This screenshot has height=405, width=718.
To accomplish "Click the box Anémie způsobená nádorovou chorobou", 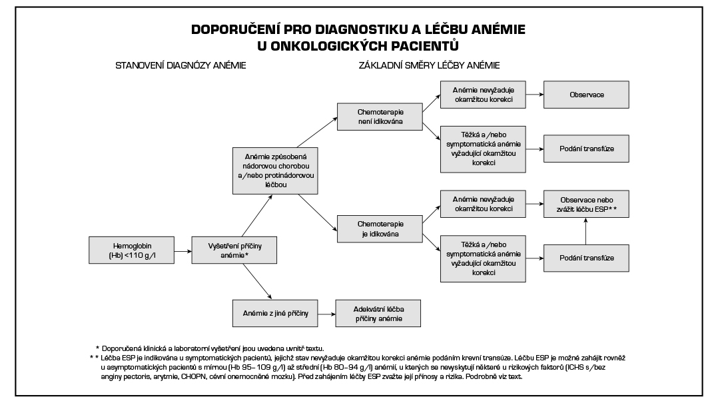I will click(x=274, y=170).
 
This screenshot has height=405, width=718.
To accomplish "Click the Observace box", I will click(x=586, y=95).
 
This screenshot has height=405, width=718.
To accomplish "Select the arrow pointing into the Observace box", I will click(x=534, y=95).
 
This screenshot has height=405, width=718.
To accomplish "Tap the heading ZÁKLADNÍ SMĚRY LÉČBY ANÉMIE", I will click(x=429, y=65).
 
